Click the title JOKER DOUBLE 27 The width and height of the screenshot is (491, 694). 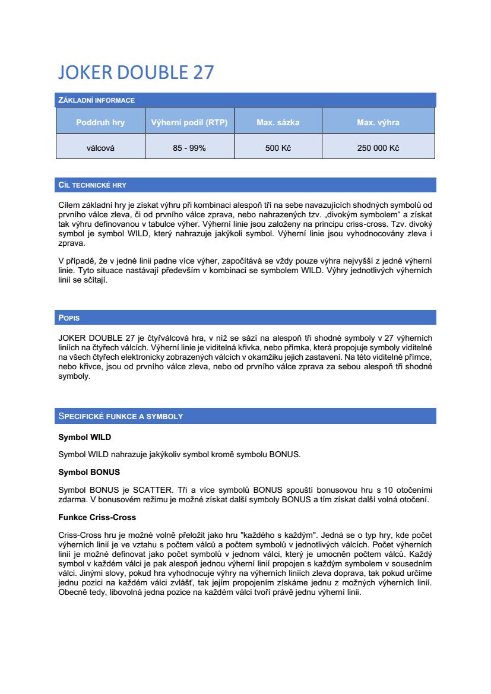(x=136, y=72)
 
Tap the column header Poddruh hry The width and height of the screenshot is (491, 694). (x=100, y=123)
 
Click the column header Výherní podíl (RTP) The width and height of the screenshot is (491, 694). (x=189, y=123)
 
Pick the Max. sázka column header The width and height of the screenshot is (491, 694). (x=278, y=123)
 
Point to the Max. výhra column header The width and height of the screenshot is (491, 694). (x=378, y=123)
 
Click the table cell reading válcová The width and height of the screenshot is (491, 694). (x=100, y=148)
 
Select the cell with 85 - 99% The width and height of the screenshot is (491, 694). (x=189, y=148)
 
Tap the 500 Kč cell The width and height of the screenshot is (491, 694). (x=278, y=148)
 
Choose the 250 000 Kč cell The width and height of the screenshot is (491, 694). (x=378, y=148)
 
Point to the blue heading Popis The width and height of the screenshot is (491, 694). (x=69, y=318)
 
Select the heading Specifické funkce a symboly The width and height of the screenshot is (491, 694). (x=121, y=416)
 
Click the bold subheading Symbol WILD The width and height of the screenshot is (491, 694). (x=84, y=438)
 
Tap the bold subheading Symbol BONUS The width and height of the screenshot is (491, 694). (x=89, y=472)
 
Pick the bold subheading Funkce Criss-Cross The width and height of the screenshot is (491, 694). (x=97, y=517)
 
